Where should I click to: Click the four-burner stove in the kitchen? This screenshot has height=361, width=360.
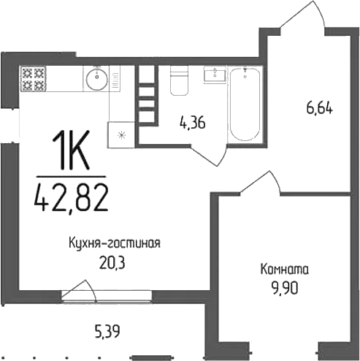[33, 78]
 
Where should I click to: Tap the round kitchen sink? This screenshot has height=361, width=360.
[96, 78]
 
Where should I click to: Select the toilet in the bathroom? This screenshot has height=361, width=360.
[180, 82]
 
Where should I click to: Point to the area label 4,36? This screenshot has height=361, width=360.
[193, 123]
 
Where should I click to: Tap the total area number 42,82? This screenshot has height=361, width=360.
[71, 196]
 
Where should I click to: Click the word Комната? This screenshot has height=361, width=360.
[284, 268]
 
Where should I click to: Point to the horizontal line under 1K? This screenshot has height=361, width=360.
[70, 176]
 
